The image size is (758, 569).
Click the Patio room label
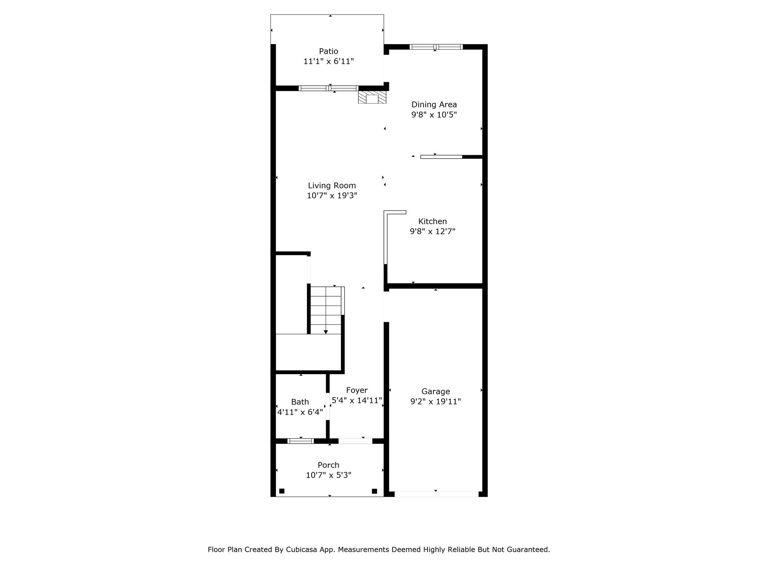click(x=328, y=51)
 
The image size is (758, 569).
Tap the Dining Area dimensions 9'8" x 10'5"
click(x=434, y=115)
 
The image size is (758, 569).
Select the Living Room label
click(x=332, y=186)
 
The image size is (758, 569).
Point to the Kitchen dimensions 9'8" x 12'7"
click(x=432, y=232)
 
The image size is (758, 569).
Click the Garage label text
click(x=435, y=392)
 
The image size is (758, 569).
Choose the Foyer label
click(x=356, y=390)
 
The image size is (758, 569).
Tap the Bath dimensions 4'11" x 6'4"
click(x=300, y=412)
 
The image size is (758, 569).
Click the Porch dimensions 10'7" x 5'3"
click(x=328, y=475)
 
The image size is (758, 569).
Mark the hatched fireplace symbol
click(x=372, y=97)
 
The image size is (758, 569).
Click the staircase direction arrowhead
click(x=326, y=332)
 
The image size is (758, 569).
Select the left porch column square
click(x=282, y=491)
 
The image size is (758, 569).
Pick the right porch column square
click(x=374, y=491)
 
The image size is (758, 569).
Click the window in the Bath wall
click(x=301, y=441)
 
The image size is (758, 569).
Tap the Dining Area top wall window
click(x=436, y=47)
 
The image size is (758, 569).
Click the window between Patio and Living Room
click(x=328, y=88)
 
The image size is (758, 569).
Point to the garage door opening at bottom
click(x=436, y=494)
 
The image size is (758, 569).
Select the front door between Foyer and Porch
click(x=355, y=441)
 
